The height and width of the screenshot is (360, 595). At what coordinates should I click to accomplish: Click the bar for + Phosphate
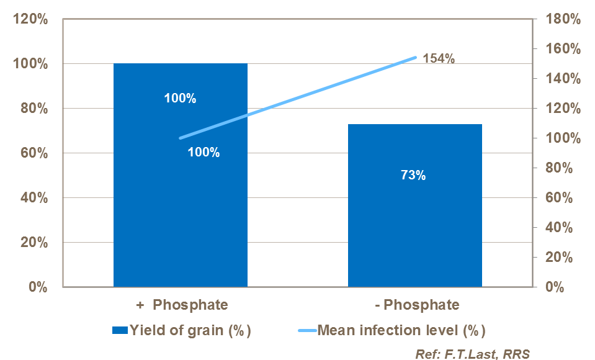pos(180,205)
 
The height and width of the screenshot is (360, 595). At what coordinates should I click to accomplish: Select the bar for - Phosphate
pos(414,236)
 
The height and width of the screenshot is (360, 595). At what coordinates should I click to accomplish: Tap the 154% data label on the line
pos(439,59)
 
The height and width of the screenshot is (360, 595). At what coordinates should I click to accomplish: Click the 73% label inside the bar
pos(413,175)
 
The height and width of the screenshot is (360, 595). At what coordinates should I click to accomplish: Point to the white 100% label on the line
pos(204,152)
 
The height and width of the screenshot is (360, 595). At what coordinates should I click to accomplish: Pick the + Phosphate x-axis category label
pos(182,305)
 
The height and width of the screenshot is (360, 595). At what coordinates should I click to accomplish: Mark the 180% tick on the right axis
pos(561,19)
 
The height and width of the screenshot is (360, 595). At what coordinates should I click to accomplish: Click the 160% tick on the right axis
pos(561,49)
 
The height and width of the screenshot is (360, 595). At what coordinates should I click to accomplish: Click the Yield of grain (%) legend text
pos(190,330)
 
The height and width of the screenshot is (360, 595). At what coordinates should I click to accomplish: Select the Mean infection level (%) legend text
pos(401,330)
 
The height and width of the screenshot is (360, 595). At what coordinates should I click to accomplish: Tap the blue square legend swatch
pos(119,330)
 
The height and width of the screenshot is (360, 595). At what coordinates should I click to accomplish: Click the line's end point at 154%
pos(415,57)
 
